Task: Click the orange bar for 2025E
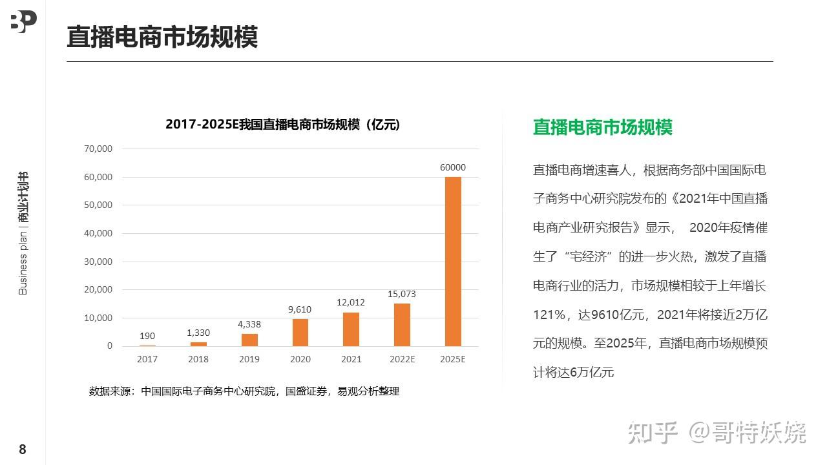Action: point(453,261)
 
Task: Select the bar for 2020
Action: point(300,333)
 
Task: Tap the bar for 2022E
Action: point(402,325)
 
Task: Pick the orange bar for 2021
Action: point(351,329)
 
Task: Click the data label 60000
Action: point(453,167)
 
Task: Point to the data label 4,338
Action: point(249,324)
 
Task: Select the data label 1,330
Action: point(198,333)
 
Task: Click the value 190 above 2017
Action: point(147,336)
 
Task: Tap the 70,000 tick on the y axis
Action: point(98,149)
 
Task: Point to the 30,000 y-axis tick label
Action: point(98,262)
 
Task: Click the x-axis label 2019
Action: point(249,359)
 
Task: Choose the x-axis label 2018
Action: point(198,359)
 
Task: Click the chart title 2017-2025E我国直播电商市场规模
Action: point(283,125)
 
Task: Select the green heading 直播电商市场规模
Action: point(602,127)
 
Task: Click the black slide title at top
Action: point(162,37)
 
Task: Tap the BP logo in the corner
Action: point(23,21)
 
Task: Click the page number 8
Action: point(23,449)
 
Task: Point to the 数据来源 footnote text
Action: point(244,391)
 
